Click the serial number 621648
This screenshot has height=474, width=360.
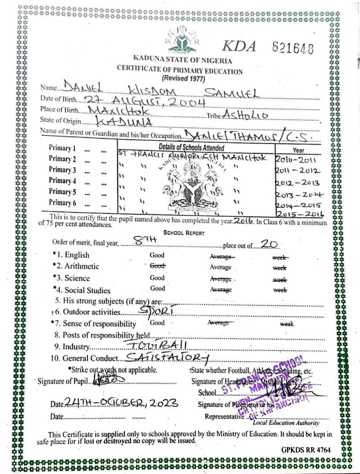(x=293, y=48)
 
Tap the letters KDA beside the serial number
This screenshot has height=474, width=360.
(x=239, y=47)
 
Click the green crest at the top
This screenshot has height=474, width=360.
(x=182, y=40)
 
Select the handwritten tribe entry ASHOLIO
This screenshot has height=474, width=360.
(x=246, y=115)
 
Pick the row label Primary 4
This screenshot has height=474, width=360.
(x=62, y=180)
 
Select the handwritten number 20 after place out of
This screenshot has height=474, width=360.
(x=269, y=244)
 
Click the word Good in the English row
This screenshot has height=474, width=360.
(x=157, y=255)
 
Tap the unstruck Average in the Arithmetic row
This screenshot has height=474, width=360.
(x=220, y=267)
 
